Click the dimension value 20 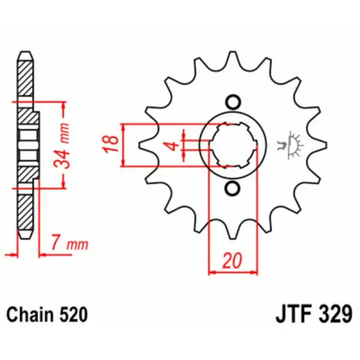tap(233, 261)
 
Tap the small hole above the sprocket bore tap(233, 101)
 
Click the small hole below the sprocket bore tap(233, 189)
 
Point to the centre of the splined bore tap(233, 145)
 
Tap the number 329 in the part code tap(332, 314)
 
